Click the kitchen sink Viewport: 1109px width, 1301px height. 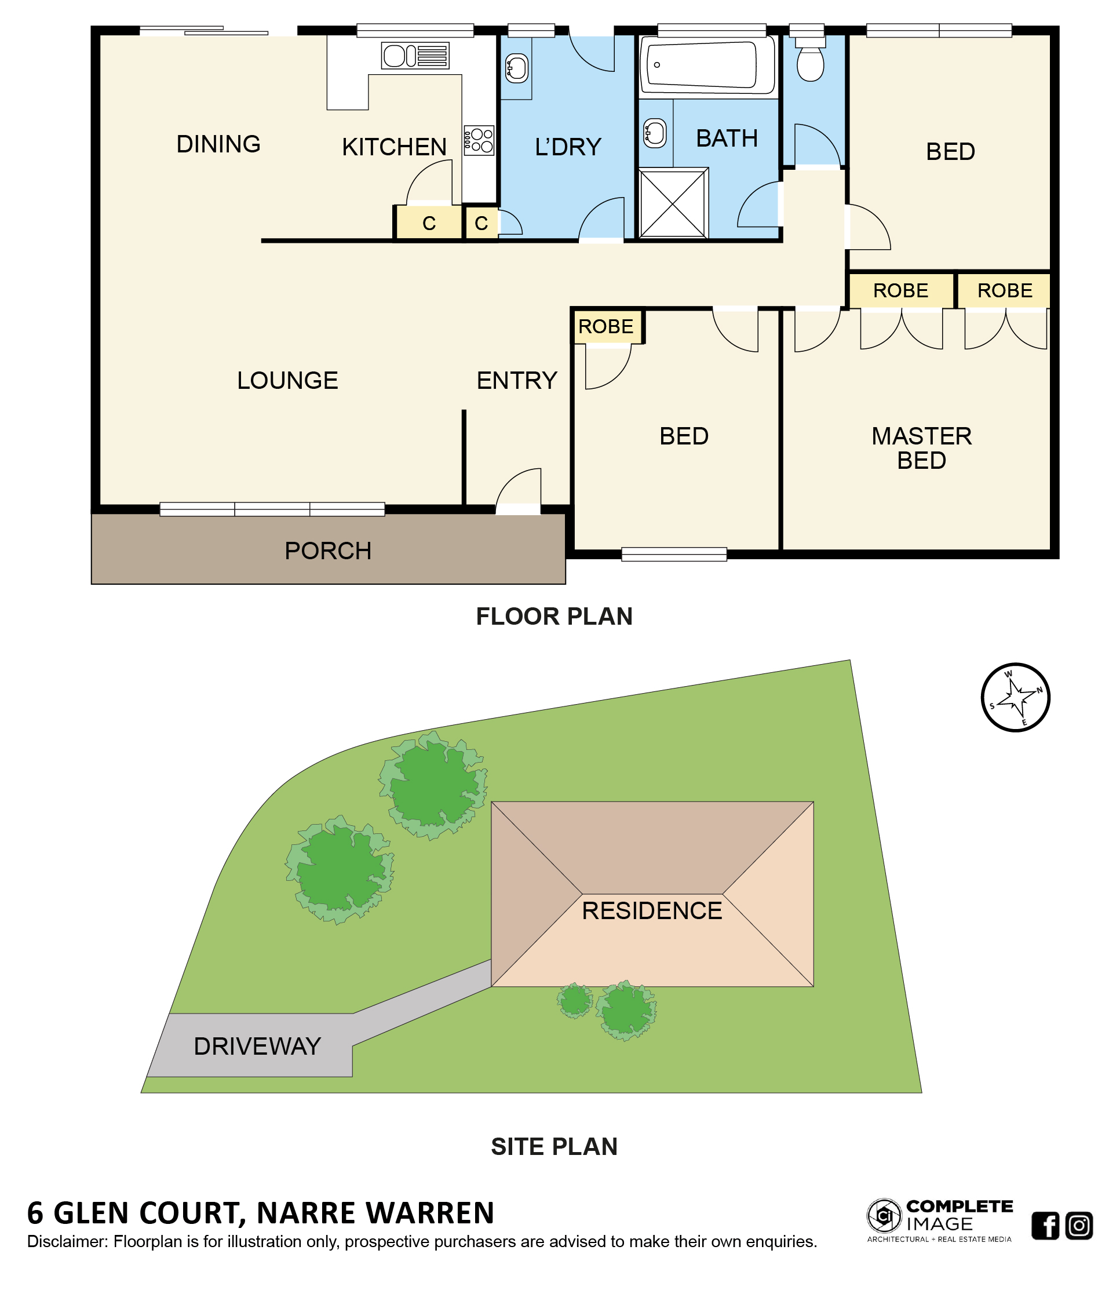click(415, 55)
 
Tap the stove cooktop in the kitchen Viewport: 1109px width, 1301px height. click(479, 140)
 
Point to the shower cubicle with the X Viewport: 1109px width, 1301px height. click(673, 202)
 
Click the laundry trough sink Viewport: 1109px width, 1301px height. click(516, 68)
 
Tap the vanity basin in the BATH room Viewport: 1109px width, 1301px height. click(655, 133)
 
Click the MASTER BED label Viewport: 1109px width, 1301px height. click(921, 448)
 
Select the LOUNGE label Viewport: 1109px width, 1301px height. click(287, 381)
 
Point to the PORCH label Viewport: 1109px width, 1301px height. click(327, 551)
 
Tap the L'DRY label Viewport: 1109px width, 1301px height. click(568, 147)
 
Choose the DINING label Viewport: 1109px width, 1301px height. click(218, 144)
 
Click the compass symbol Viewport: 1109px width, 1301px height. click(1015, 697)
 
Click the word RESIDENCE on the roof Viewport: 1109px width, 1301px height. click(651, 910)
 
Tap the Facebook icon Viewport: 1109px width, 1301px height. click(1045, 1225)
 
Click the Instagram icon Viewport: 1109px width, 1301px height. click(1079, 1225)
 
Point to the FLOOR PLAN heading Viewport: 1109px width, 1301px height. click(554, 617)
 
